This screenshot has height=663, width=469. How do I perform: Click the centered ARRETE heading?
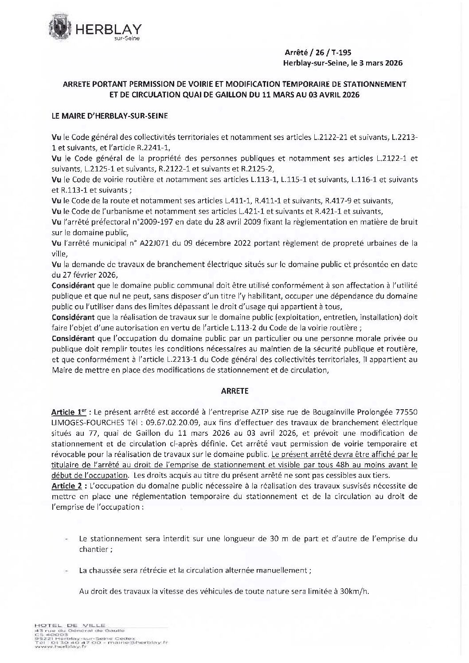click(x=234, y=391)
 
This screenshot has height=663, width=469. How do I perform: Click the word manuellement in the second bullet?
click(x=285, y=571)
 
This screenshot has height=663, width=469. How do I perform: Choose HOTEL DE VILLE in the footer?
click(x=66, y=624)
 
